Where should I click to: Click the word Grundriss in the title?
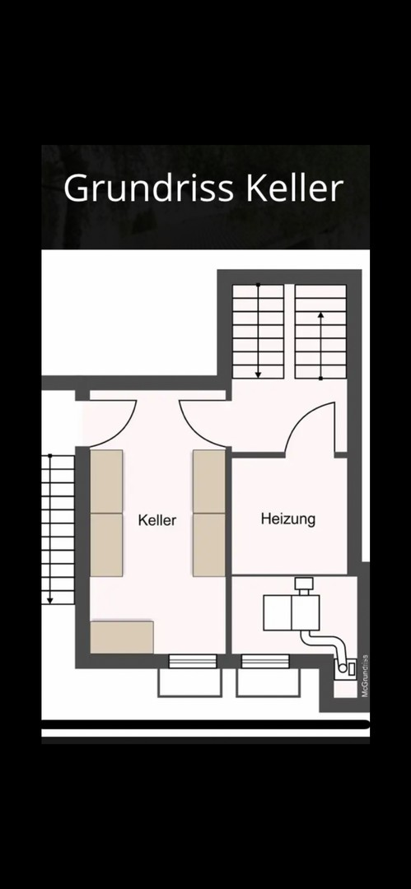click(x=149, y=189)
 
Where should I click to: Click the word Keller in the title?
click(x=295, y=189)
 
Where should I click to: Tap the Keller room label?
click(x=157, y=520)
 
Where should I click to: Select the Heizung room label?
click(x=288, y=519)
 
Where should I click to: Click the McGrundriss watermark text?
click(x=365, y=675)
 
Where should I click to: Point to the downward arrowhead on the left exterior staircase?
click(x=50, y=600)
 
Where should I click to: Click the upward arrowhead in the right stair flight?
click(x=320, y=315)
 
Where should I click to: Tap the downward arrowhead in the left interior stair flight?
click(x=258, y=374)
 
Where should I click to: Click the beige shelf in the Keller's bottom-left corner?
click(x=121, y=637)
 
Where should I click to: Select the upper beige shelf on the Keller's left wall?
click(x=106, y=482)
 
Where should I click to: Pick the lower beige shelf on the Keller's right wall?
click(x=209, y=545)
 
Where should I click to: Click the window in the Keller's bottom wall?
click(x=193, y=661)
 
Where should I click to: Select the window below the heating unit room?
click(x=265, y=661)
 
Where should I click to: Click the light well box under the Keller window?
click(x=189, y=682)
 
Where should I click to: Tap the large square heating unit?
click(x=292, y=612)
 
